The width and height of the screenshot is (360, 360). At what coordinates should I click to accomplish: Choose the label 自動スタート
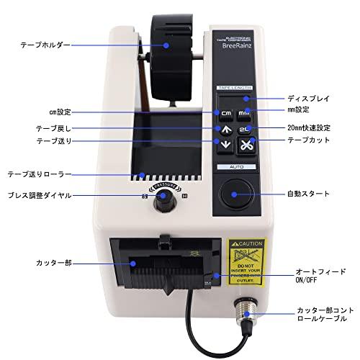pos(307,194)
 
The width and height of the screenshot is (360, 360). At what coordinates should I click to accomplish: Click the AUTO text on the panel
pos(234,166)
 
